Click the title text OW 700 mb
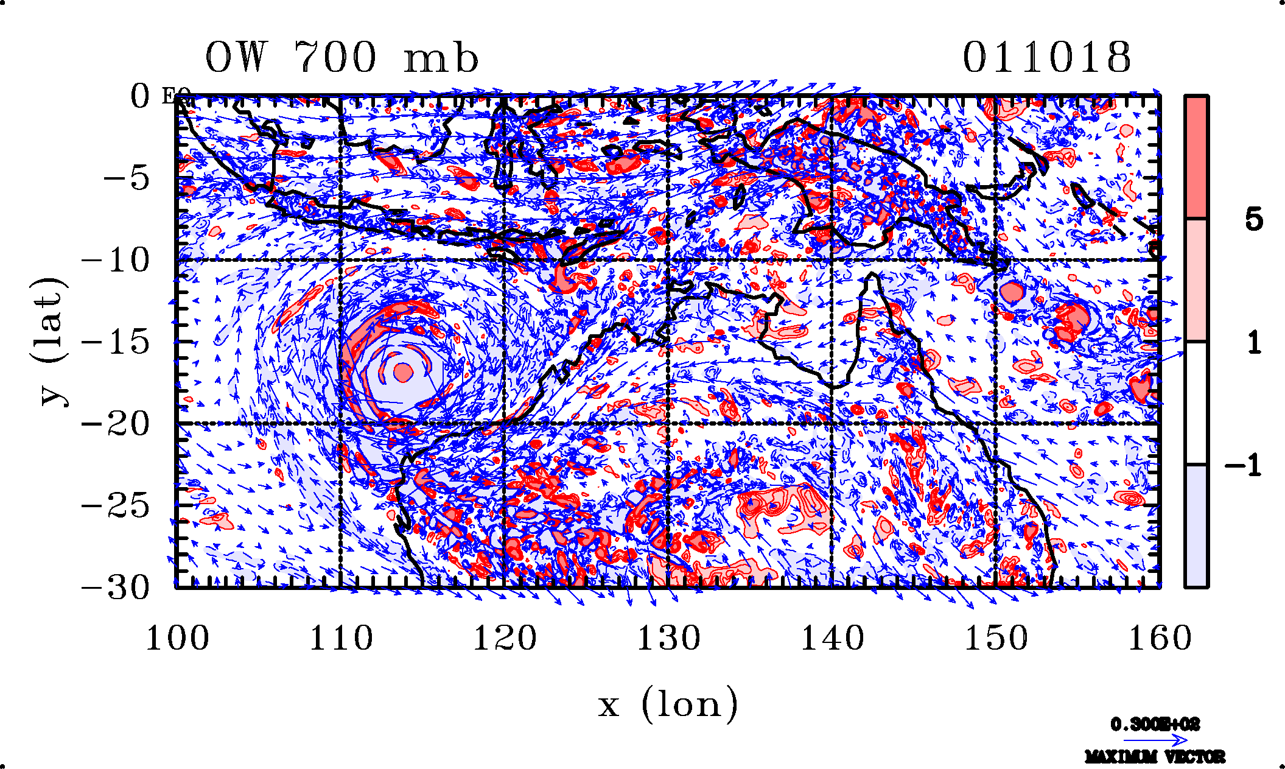tap(341, 58)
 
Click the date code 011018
tap(1046, 58)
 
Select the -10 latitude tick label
tap(116, 261)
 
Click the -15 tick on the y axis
tap(116, 342)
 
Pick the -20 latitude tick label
tap(116, 424)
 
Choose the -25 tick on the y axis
tap(116, 506)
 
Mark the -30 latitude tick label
tap(116, 588)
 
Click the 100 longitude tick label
tap(177, 639)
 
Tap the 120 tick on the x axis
tap(505, 639)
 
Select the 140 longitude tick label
tap(832, 639)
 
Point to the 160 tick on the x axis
tap(1160, 639)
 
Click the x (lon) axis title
tap(668, 705)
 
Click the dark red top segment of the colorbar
tap(1197, 156)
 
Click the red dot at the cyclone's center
tap(403, 371)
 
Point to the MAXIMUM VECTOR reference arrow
tap(1155, 740)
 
